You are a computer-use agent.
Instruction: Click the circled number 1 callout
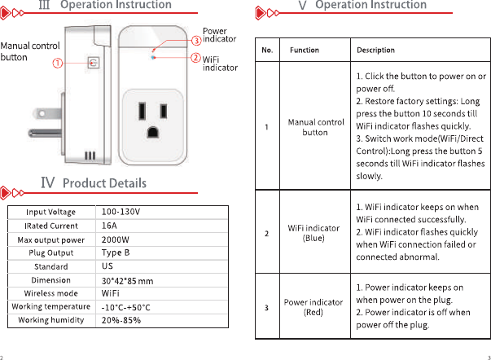click(x=59, y=63)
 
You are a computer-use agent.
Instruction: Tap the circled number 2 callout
click(x=195, y=58)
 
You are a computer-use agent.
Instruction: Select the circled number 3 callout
click(x=195, y=40)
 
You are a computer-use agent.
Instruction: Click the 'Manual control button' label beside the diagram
click(x=29, y=51)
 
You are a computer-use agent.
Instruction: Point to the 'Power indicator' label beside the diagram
click(x=219, y=35)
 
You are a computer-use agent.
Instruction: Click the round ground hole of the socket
click(x=152, y=130)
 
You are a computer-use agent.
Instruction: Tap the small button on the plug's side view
click(x=91, y=63)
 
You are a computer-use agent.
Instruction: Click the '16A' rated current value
click(x=110, y=226)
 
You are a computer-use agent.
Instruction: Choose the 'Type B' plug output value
click(x=116, y=252)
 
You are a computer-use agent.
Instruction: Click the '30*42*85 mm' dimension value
click(x=128, y=281)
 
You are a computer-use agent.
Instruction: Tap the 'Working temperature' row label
click(x=50, y=307)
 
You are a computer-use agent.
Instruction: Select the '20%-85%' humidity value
click(x=121, y=320)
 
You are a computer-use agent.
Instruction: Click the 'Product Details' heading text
click(x=104, y=183)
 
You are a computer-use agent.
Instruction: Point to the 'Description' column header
click(x=375, y=50)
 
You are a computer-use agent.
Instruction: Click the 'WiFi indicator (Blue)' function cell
click(x=315, y=234)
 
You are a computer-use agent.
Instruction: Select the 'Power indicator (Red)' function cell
click(x=313, y=307)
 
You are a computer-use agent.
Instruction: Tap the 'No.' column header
click(x=267, y=50)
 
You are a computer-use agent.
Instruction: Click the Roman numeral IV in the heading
click(x=48, y=182)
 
